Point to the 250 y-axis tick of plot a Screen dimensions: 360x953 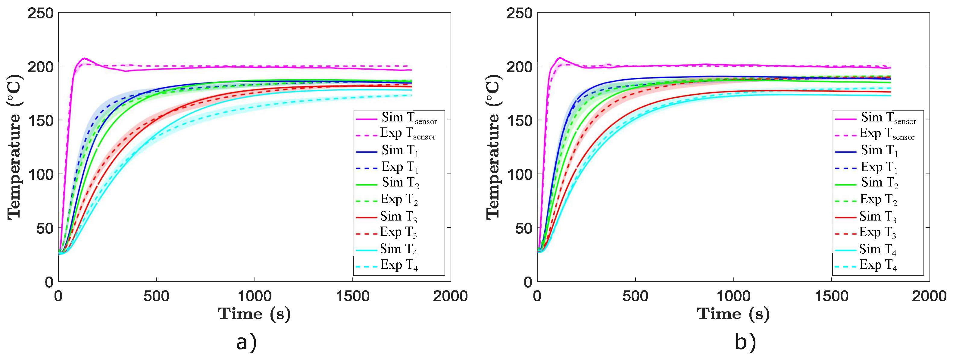[41, 14]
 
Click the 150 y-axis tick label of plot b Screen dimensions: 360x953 [519, 121]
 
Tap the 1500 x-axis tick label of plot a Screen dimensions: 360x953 [352, 296]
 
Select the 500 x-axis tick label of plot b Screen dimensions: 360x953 [635, 296]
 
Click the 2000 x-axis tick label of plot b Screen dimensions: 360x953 [929, 296]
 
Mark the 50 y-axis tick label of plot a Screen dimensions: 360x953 [44, 228]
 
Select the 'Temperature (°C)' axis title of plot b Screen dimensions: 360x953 [493, 147]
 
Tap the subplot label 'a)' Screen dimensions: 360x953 [246, 342]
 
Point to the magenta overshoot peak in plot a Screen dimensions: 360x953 [84, 58]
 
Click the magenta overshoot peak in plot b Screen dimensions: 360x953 [560, 58]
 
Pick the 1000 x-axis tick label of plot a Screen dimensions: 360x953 [255, 296]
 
